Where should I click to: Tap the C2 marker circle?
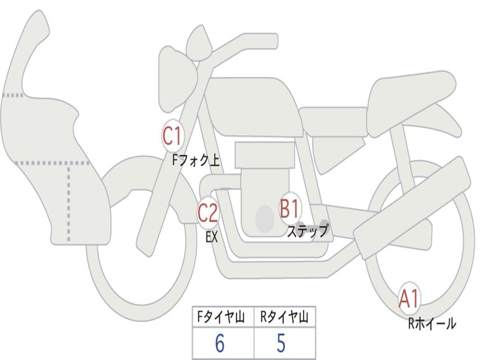(x=208, y=213)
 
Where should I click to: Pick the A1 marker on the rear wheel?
(x=409, y=299)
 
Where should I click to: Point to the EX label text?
(x=212, y=237)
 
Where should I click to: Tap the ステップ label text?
(x=307, y=231)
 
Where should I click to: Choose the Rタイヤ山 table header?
(x=284, y=318)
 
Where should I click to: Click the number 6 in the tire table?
(x=219, y=344)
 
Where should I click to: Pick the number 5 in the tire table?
(x=281, y=344)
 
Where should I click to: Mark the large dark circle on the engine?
(x=265, y=218)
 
